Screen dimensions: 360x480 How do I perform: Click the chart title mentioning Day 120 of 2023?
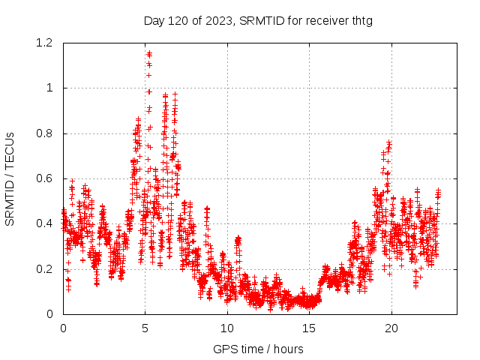pos(258,20)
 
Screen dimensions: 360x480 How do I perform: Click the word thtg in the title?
pos(359,20)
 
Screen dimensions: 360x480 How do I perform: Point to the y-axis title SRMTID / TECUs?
pos(10,178)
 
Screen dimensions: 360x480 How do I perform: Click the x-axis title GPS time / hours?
pos(258,349)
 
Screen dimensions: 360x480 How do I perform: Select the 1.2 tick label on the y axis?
pos(46,43)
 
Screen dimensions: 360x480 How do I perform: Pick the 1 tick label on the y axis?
pos(49,88)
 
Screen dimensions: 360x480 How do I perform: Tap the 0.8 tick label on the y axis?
pos(46,133)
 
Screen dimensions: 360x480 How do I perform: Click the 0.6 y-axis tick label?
pos(46,178)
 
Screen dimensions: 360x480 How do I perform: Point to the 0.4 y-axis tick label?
pos(46,223)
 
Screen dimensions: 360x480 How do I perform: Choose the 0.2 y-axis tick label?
pos(46,269)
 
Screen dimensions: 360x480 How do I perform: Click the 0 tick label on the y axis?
pos(49,314)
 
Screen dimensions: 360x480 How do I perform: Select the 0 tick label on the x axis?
pos(63,328)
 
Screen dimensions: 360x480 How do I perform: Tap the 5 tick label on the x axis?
pos(145,328)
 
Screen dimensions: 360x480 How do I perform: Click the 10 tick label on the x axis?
pos(227,328)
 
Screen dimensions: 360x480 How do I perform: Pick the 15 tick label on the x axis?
pos(309,328)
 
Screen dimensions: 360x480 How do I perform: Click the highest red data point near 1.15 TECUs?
pos(149,53)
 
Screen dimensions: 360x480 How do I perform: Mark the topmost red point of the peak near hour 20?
pos(389,142)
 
